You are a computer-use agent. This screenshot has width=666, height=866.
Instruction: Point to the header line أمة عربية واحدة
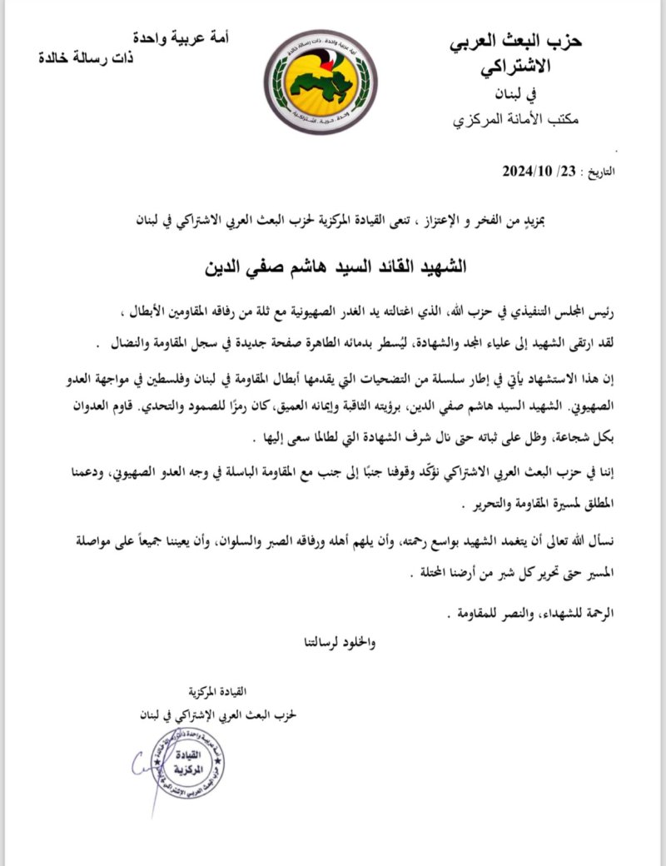(x=185, y=37)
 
